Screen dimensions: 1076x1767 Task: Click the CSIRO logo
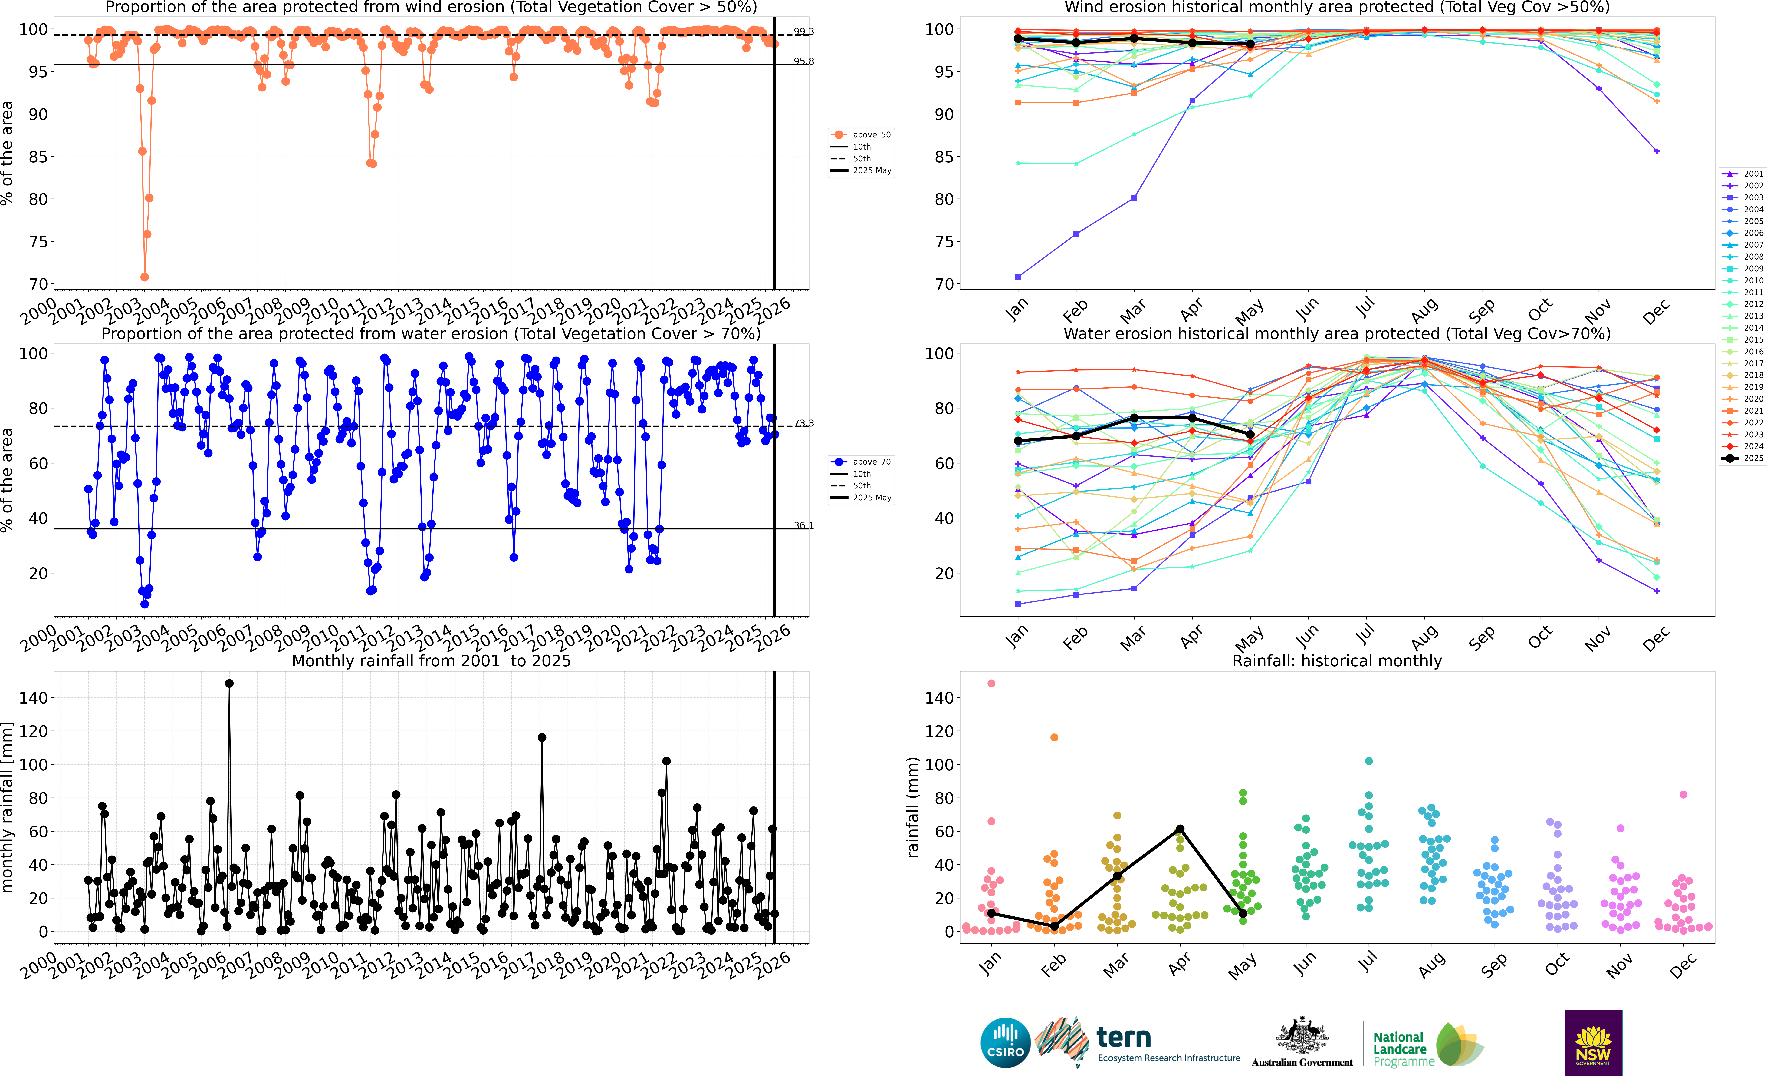pos(1005,1042)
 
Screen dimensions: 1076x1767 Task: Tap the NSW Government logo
pos(1593,1042)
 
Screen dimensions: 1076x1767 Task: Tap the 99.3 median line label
pos(803,31)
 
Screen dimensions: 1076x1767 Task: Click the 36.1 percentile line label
pos(803,526)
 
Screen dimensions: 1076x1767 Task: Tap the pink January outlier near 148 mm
pos(991,684)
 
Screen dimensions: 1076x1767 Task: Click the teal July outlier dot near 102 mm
pos(1369,761)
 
